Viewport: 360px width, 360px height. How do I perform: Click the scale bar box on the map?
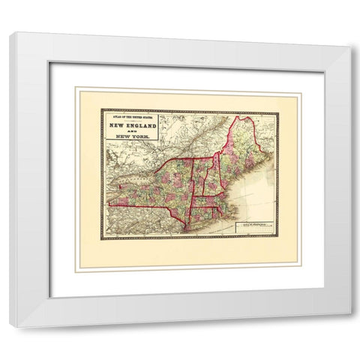pos(253,226)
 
